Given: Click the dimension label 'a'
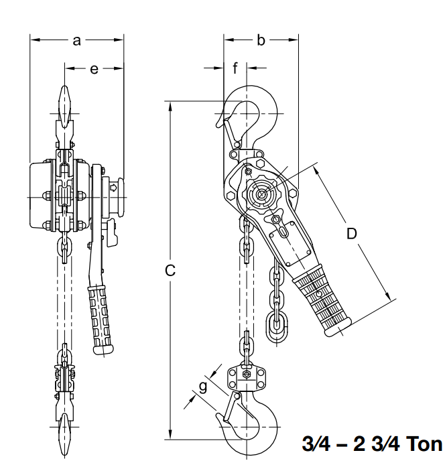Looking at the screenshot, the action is (76, 41).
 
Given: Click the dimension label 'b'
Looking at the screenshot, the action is (261, 40).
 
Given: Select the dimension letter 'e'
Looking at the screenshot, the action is (94, 69).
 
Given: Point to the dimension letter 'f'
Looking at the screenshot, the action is (235, 68).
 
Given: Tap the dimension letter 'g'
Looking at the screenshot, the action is (203, 387).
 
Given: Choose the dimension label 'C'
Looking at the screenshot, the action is (170, 270).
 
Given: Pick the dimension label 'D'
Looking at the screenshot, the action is (352, 234).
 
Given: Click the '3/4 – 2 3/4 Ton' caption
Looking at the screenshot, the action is (372, 444).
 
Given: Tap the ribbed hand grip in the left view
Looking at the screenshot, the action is (100, 320).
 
